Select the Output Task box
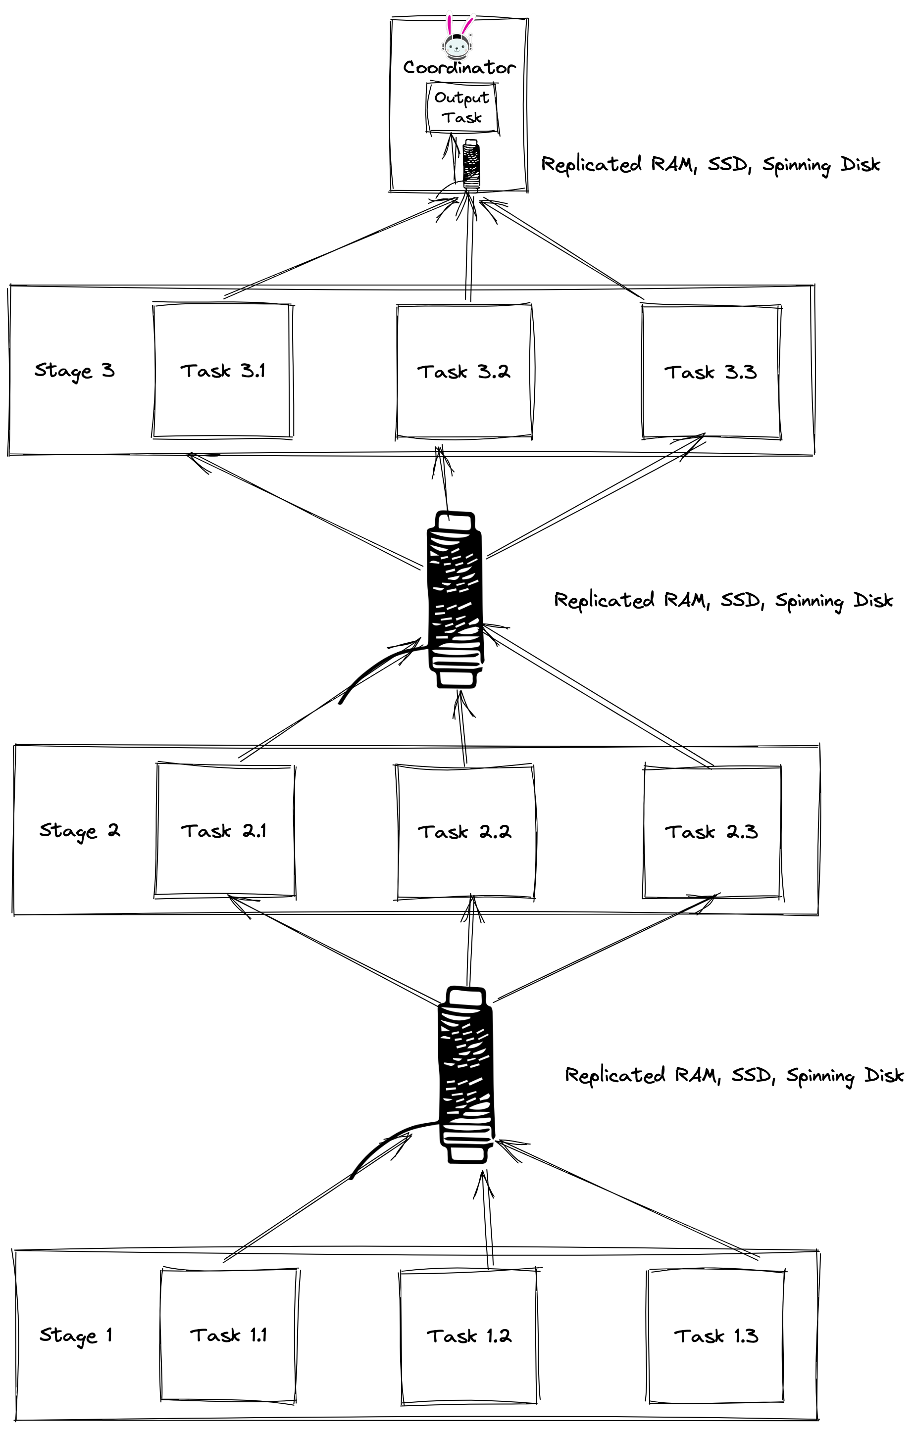461,107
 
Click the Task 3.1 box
223,371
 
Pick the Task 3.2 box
464,372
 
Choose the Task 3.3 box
711,373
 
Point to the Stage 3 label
74,371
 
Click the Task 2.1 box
225,831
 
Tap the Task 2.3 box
712,832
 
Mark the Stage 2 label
80,830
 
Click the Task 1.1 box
229,1335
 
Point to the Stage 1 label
75,1335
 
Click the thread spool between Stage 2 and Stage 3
455,600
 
